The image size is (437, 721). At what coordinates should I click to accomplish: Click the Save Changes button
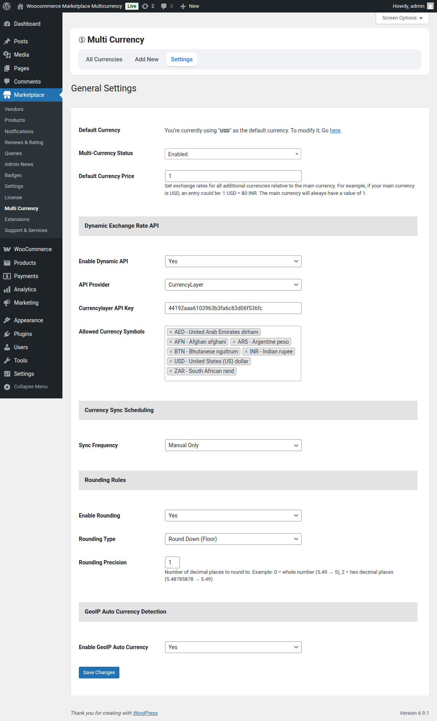pyautogui.click(x=99, y=673)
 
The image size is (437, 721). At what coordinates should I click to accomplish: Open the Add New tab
pyautogui.click(x=146, y=59)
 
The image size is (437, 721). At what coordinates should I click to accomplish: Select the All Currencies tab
pyautogui.click(x=104, y=59)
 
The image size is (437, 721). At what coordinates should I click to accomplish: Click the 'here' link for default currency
pyautogui.click(x=335, y=130)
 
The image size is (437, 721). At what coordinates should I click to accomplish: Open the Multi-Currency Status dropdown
pyautogui.click(x=233, y=154)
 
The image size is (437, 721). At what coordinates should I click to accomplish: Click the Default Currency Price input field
pyautogui.click(x=233, y=176)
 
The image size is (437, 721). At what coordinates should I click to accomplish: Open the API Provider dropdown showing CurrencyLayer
pyautogui.click(x=233, y=285)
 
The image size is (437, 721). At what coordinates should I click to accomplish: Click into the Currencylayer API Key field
pyautogui.click(x=233, y=308)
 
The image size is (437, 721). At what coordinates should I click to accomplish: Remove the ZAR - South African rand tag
pyautogui.click(x=171, y=371)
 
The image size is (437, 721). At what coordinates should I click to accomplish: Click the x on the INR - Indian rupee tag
pyautogui.click(x=246, y=352)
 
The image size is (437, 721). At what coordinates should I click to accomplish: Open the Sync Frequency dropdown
pyautogui.click(x=233, y=445)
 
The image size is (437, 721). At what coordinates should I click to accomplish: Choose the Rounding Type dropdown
pyautogui.click(x=233, y=539)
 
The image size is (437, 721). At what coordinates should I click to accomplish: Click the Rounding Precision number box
pyautogui.click(x=172, y=562)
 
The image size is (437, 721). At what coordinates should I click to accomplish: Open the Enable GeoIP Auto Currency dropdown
pyautogui.click(x=233, y=647)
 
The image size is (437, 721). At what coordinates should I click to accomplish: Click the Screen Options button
pyautogui.click(x=402, y=18)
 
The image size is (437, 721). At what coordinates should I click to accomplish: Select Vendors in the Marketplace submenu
pyautogui.click(x=14, y=109)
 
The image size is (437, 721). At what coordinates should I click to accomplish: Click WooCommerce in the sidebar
pyautogui.click(x=33, y=249)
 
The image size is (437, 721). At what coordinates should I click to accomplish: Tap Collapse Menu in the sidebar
pyautogui.click(x=30, y=387)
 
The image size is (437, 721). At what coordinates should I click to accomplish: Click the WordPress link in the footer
pyautogui.click(x=145, y=713)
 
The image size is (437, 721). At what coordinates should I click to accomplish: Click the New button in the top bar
pyautogui.click(x=190, y=6)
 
